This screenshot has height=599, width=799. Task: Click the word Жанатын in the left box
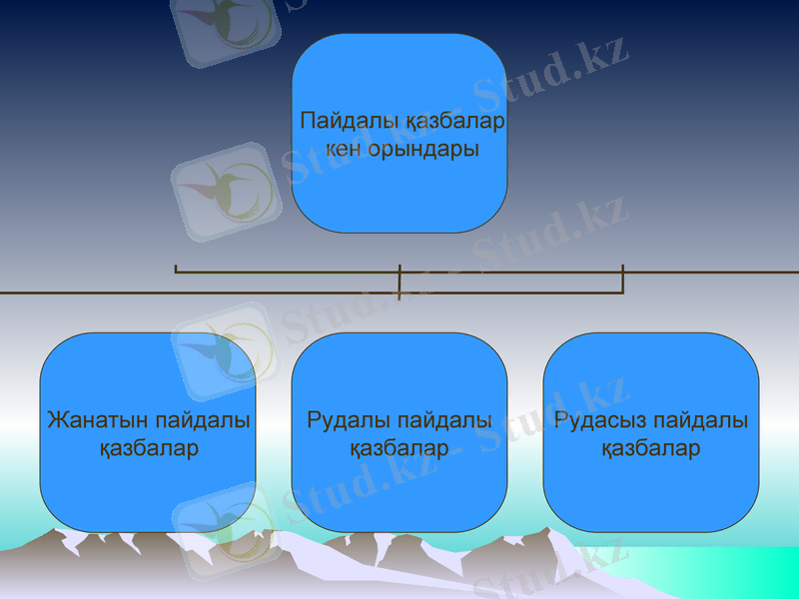[90, 420]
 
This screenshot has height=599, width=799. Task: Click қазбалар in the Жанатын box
[148, 448]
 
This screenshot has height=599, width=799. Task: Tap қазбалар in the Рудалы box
[399, 448]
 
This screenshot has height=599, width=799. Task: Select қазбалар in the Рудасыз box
[651, 448]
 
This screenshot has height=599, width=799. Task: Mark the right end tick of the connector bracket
[622, 279]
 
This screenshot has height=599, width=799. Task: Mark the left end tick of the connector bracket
[176, 269]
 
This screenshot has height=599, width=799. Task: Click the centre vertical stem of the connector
[399, 282]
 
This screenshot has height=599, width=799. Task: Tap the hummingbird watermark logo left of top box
[226, 190]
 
